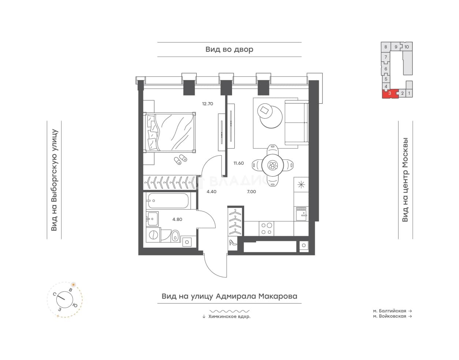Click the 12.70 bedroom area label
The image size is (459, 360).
208,104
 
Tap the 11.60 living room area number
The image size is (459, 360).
239,163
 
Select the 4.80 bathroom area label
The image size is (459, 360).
177,220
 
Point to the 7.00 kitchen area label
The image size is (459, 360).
251,191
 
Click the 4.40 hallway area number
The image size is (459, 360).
212,191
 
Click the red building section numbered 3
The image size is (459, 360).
390,94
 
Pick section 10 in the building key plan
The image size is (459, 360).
407,47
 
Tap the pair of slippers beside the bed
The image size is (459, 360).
180,159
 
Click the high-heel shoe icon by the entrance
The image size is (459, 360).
233,242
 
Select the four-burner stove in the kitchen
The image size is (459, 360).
266,228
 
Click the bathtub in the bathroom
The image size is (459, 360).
168,201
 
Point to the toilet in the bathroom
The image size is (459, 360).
175,236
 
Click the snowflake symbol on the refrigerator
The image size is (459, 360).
301,185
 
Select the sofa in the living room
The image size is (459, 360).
296,123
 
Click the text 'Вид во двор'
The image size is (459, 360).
229,49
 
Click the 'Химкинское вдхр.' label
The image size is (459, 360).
229,317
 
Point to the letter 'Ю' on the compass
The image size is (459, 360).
75,305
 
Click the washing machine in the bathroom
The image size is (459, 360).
153,235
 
